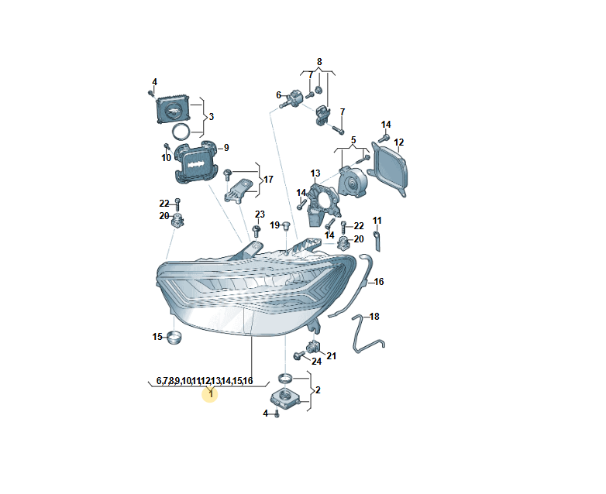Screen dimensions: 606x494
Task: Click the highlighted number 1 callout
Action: click(x=211, y=394)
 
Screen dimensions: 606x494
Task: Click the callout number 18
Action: click(x=374, y=317)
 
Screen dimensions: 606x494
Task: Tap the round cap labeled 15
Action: click(x=174, y=338)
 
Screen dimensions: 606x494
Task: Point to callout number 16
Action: click(x=379, y=282)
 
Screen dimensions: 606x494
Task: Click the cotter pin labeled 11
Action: click(x=377, y=241)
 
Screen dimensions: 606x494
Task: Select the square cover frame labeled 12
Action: click(x=388, y=169)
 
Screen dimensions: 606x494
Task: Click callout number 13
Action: click(x=315, y=173)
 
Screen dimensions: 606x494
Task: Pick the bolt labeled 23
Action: click(x=257, y=231)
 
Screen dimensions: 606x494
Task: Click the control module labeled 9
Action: click(x=196, y=163)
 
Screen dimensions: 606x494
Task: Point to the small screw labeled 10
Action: click(x=167, y=147)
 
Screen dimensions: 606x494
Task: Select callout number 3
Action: click(x=211, y=117)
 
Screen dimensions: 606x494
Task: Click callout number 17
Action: click(x=268, y=180)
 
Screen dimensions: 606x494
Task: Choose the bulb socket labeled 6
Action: click(x=294, y=98)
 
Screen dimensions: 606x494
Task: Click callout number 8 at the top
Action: click(x=319, y=62)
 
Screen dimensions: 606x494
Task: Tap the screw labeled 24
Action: click(x=299, y=355)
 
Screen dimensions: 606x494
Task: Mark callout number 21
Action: click(x=332, y=355)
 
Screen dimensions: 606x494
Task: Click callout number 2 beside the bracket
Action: click(x=318, y=390)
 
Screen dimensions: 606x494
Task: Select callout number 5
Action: click(x=353, y=140)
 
